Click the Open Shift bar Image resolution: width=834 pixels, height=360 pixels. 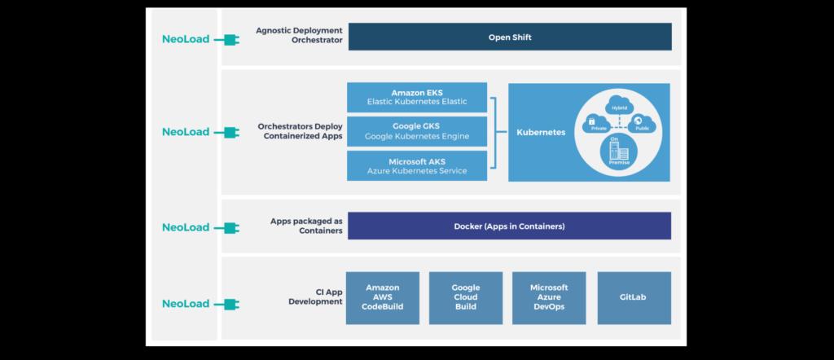[x=510, y=37]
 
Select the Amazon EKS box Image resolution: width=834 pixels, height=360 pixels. [x=417, y=97]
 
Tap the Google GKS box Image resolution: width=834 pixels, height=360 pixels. [x=417, y=131]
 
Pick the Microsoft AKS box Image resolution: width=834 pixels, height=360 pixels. [x=417, y=165]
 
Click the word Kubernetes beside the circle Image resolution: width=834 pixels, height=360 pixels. [x=541, y=132]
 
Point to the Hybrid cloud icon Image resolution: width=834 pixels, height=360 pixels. [x=619, y=106]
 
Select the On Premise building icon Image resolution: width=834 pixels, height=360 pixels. [x=618, y=152]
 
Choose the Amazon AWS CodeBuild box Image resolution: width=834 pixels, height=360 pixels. [x=383, y=298]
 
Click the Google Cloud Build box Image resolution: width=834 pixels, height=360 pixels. [x=466, y=298]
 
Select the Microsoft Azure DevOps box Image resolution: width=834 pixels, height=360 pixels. [x=549, y=298]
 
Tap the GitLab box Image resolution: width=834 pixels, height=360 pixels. [x=634, y=298]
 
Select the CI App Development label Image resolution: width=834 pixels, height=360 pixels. [x=315, y=296]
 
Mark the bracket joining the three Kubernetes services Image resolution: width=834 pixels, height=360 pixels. [x=494, y=131]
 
